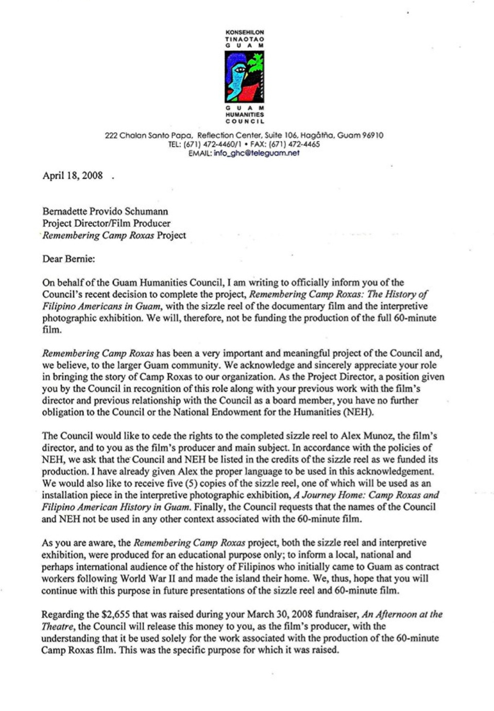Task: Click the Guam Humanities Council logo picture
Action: click(x=244, y=77)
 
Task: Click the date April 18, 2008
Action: click(x=73, y=175)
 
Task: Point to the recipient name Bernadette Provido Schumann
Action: click(x=105, y=211)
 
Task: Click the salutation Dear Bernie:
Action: click(x=69, y=259)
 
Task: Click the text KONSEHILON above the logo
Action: click(x=245, y=32)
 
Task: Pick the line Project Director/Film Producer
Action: click(x=106, y=223)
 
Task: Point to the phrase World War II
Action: click(x=147, y=578)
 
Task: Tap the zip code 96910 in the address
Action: click(x=372, y=136)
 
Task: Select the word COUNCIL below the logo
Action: click(x=245, y=122)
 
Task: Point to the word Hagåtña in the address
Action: click(x=318, y=136)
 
